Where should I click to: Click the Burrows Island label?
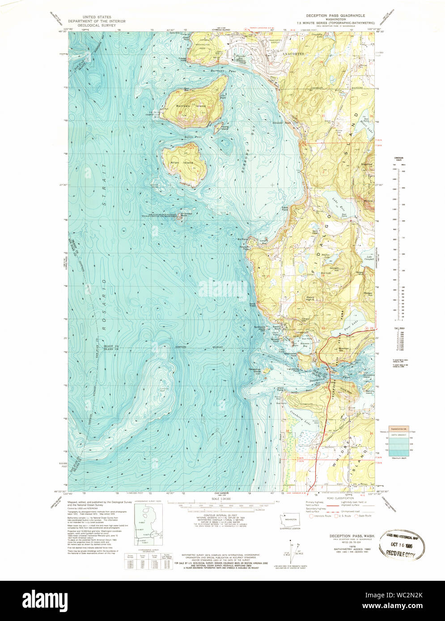coord(194,106)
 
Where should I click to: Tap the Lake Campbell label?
coord(369,258)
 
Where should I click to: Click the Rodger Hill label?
coord(368,293)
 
